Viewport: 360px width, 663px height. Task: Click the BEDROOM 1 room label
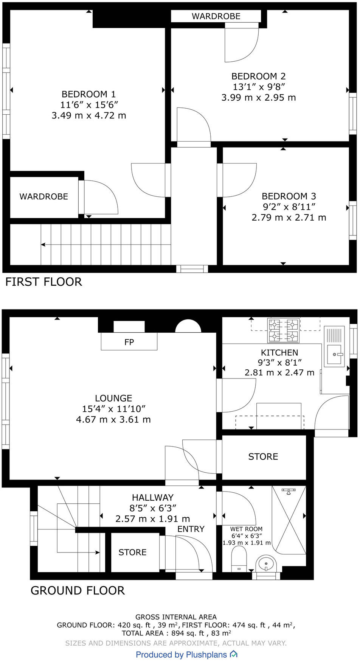[88, 94]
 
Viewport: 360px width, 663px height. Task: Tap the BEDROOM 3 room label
[289, 196]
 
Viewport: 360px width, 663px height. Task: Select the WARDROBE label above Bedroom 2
[216, 16]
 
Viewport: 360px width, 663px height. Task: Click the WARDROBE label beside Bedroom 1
[44, 196]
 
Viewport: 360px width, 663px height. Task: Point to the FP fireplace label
[129, 342]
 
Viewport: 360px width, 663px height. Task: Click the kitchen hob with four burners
[283, 330]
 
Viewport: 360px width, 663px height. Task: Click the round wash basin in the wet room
[266, 564]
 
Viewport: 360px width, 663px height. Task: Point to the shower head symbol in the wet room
[289, 491]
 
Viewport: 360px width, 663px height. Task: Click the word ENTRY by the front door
[191, 529]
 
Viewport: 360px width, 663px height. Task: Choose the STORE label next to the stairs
[132, 552]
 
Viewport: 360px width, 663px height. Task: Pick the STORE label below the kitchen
[263, 457]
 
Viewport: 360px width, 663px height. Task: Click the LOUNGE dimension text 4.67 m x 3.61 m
[113, 419]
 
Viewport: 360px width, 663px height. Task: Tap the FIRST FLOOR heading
[43, 282]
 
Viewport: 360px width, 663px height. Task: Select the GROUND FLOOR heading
[78, 590]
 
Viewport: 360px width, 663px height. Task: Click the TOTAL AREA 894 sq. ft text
[176, 633]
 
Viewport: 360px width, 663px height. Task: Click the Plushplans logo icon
[234, 654]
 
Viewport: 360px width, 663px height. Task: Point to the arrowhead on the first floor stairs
[43, 245]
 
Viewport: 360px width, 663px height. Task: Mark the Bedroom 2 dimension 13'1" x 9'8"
[259, 87]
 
